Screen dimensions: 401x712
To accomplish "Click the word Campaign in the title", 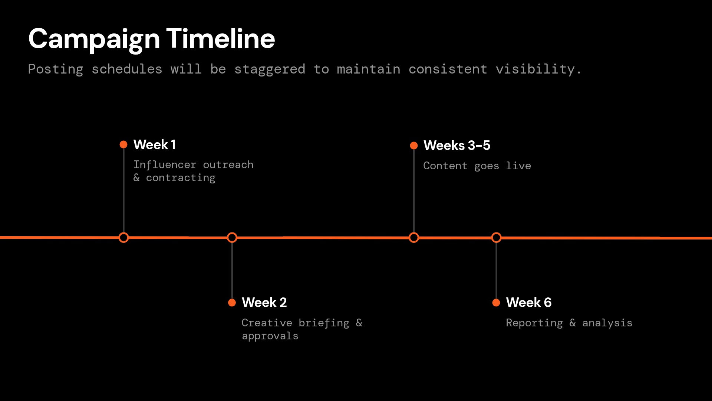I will click(x=94, y=39).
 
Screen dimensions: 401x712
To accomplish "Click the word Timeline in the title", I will click(x=221, y=39).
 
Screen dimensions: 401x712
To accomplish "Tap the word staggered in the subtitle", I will click(x=270, y=69).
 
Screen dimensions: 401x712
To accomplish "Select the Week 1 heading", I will click(x=155, y=145).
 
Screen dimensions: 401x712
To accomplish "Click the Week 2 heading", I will click(x=264, y=303).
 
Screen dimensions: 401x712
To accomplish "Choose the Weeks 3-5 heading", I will click(x=457, y=146).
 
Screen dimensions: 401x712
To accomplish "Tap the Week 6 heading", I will click(x=529, y=303).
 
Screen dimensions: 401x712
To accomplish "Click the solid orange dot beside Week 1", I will click(x=123, y=144).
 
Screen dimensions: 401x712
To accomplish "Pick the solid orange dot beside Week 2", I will click(x=232, y=303).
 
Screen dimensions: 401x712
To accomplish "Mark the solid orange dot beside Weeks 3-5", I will click(x=414, y=146).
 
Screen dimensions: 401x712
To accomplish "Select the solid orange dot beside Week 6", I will click(x=496, y=303).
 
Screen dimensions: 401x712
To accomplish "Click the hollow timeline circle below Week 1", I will click(x=123, y=238).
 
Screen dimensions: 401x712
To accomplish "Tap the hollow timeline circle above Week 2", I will click(x=232, y=238).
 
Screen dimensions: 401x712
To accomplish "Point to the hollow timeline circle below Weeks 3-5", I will click(x=414, y=238).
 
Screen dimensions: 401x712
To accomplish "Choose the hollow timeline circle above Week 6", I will click(x=496, y=238).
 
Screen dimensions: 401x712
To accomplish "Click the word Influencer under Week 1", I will click(x=165, y=165).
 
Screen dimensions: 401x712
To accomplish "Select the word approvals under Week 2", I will click(x=270, y=336).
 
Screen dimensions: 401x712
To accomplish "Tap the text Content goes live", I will click(x=477, y=166).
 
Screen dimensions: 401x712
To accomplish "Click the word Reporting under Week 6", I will click(x=534, y=323).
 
